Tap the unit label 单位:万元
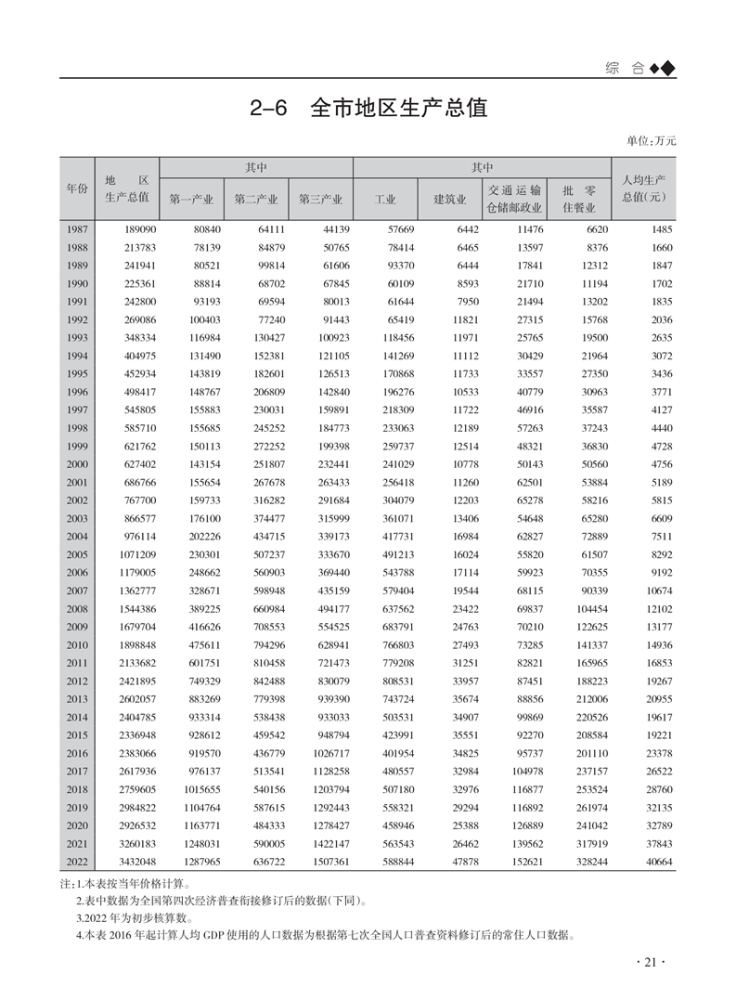coord(652,141)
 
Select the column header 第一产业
coord(191,199)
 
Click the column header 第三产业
coord(321,199)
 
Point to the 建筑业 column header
coord(449,199)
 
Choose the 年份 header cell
coord(77,188)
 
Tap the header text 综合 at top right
coord(624,68)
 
